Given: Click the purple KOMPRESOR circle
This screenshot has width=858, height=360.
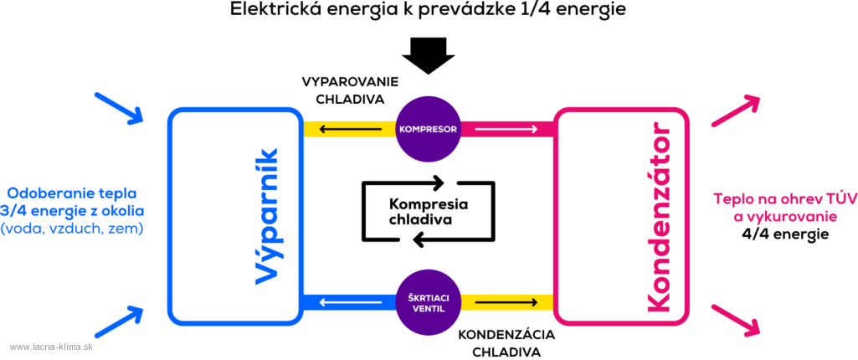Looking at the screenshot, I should pos(428,129).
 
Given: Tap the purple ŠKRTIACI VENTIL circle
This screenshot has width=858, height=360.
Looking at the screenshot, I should pos(428,302).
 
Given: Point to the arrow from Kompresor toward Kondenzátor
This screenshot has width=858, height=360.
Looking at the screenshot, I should pos(517,129).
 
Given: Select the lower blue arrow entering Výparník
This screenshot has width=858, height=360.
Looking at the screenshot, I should pos(119,321).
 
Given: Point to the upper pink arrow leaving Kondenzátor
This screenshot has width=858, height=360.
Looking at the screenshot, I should pos(736,111).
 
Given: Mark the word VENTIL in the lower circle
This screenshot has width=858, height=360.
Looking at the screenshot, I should pos(428,309).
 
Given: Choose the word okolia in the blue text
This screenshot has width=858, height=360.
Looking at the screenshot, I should pos(123,211).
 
